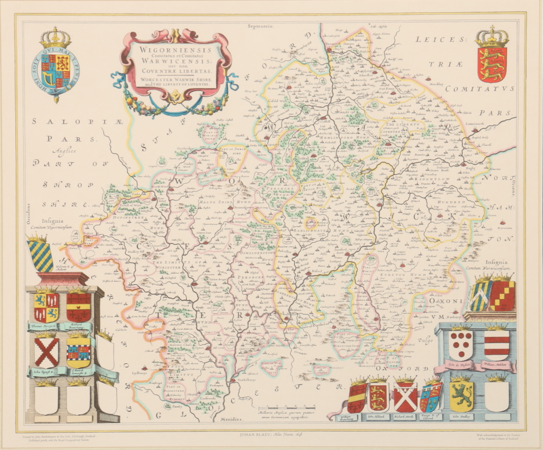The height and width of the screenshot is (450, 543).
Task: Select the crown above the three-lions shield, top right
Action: tap(491, 37)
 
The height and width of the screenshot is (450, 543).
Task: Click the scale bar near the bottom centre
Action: tap(291, 407)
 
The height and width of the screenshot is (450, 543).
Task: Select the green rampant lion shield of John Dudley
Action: tap(462, 395)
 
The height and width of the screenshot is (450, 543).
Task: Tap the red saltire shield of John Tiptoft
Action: tap(47, 352)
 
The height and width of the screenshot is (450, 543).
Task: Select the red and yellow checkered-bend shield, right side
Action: tap(502, 295)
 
